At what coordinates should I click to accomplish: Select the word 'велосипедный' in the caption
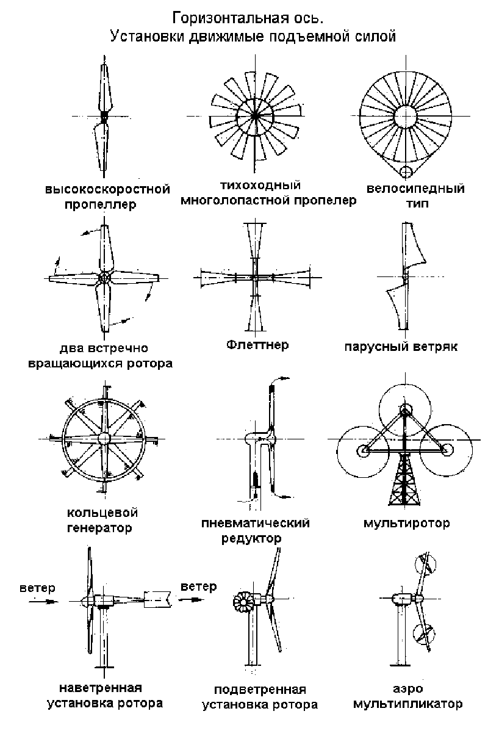[415, 189]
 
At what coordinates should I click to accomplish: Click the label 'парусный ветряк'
[400, 347]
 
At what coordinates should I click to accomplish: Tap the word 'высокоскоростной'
[107, 189]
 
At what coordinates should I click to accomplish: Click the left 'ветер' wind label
[37, 588]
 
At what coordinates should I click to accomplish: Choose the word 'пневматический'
[256, 524]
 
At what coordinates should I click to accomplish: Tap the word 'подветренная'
[260, 690]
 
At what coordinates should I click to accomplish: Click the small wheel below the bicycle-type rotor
[404, 171]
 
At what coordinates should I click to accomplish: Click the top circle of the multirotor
[404, 408]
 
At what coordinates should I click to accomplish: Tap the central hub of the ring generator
[104, 438]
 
